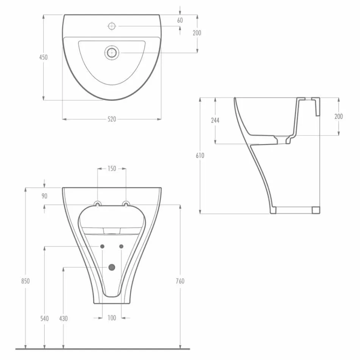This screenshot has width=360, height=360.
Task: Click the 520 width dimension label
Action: coord(111,119)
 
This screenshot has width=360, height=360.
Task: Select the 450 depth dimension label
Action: coord(44,57)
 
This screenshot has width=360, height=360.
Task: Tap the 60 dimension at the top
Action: coord(180,20)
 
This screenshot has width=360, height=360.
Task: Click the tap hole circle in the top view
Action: coord(112,26)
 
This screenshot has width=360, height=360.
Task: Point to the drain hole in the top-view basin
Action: coord(112,52)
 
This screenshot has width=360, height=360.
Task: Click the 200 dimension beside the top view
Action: coord(197,33)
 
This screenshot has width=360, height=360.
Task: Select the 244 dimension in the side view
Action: coord(215,121)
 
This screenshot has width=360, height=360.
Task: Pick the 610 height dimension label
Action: coord(200,155)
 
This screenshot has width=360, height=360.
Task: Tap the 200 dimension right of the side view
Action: coord(338,116)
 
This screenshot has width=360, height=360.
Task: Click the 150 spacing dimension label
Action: coord(111,169)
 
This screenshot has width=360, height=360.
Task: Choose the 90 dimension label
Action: coord(45,196)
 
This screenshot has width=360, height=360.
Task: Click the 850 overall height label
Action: coord(25,281)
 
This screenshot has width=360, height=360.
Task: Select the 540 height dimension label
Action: coord(45,319)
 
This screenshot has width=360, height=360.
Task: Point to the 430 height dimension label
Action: coord(63,319)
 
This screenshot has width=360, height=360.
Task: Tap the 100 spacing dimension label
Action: coord(111,318)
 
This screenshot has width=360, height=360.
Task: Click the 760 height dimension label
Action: coord(180,281)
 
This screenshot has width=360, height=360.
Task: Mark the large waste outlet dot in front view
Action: coord(111,267)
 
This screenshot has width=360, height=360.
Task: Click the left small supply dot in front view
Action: coord(102,247)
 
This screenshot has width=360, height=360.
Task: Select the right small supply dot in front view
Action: coord(121,247)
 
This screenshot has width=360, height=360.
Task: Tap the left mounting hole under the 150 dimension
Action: coord(98,205)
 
